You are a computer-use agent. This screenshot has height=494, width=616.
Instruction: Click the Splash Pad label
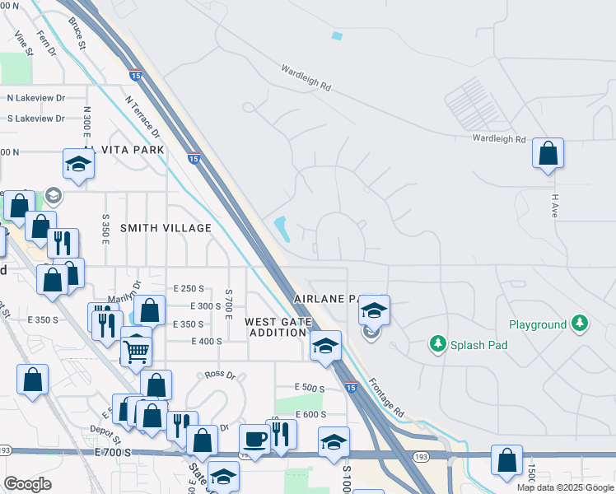pyautogui.click(x=478, y=345)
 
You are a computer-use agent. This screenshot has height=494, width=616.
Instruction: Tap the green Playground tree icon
pyautogui.click(x=581, y=324)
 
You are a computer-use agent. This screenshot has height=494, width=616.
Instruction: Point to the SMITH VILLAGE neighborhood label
pyautogui.click(x=166, y=228)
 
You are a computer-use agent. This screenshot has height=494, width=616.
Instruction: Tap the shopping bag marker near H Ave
pyautogui.click(x=548, y=154)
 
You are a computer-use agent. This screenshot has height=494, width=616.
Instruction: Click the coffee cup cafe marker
pyautogui.click(x=254, y=439)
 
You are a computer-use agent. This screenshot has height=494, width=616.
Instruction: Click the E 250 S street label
pyautogui.click(x=189, y=288)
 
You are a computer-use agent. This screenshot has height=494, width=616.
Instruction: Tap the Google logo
pyautogui.click(x=28, y=483)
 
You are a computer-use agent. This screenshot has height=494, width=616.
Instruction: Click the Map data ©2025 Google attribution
pyautogui.click(x=564, y=487)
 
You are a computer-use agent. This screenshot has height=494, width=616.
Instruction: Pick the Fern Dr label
pyautogui.click(x=45, y=43)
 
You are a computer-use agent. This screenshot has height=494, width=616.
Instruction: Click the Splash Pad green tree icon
pyautogui.click(x=438, y=343)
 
